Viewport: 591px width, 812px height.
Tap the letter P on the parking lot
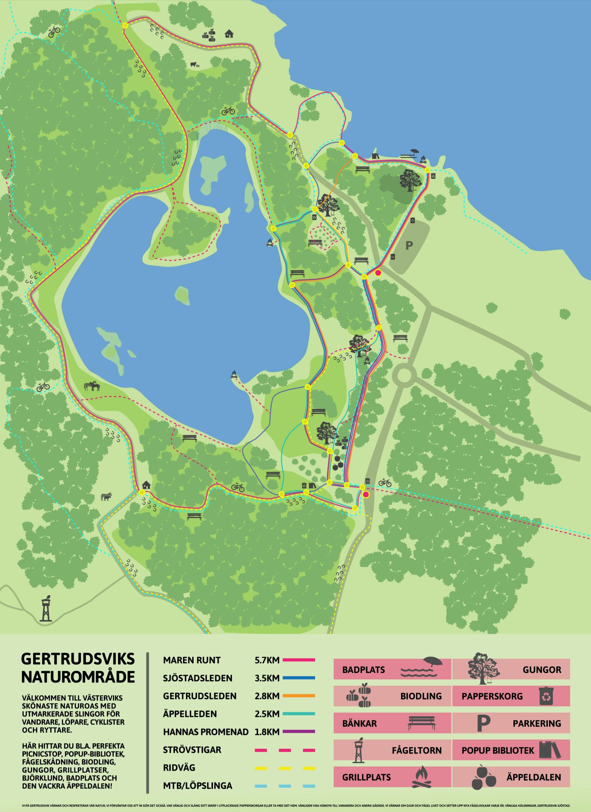tap(409, 246)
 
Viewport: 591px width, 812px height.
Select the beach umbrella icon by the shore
tap(414, 151)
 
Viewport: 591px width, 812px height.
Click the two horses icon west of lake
tap(92, 386)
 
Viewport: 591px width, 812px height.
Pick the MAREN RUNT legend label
tap(192, 660)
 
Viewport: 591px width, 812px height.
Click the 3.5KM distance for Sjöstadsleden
tap(267, 678)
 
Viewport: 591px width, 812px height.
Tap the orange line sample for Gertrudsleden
tap(299, 696)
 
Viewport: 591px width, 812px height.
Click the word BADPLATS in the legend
tap(363, 670)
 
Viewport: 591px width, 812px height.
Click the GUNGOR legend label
tap(542, 670)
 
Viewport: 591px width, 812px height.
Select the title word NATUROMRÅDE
tap(78, 677)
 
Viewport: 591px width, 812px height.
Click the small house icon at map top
tap(229, 34)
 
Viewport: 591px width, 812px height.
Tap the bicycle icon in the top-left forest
tap(54, 31)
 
